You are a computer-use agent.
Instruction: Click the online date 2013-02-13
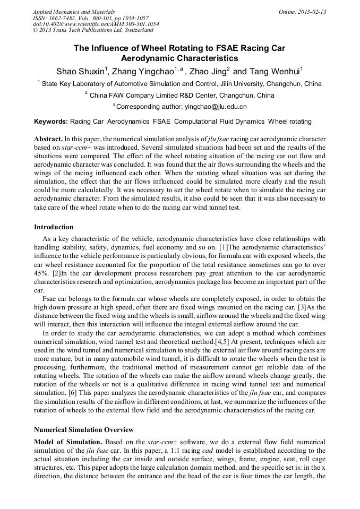[x=312, y=11]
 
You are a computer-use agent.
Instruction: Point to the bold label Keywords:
[x=51, y=122]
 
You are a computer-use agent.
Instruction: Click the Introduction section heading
[x=54, y=227]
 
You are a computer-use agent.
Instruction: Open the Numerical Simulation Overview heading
[x=83, y=429]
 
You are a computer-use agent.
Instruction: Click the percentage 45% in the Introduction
[x=41, y=273]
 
